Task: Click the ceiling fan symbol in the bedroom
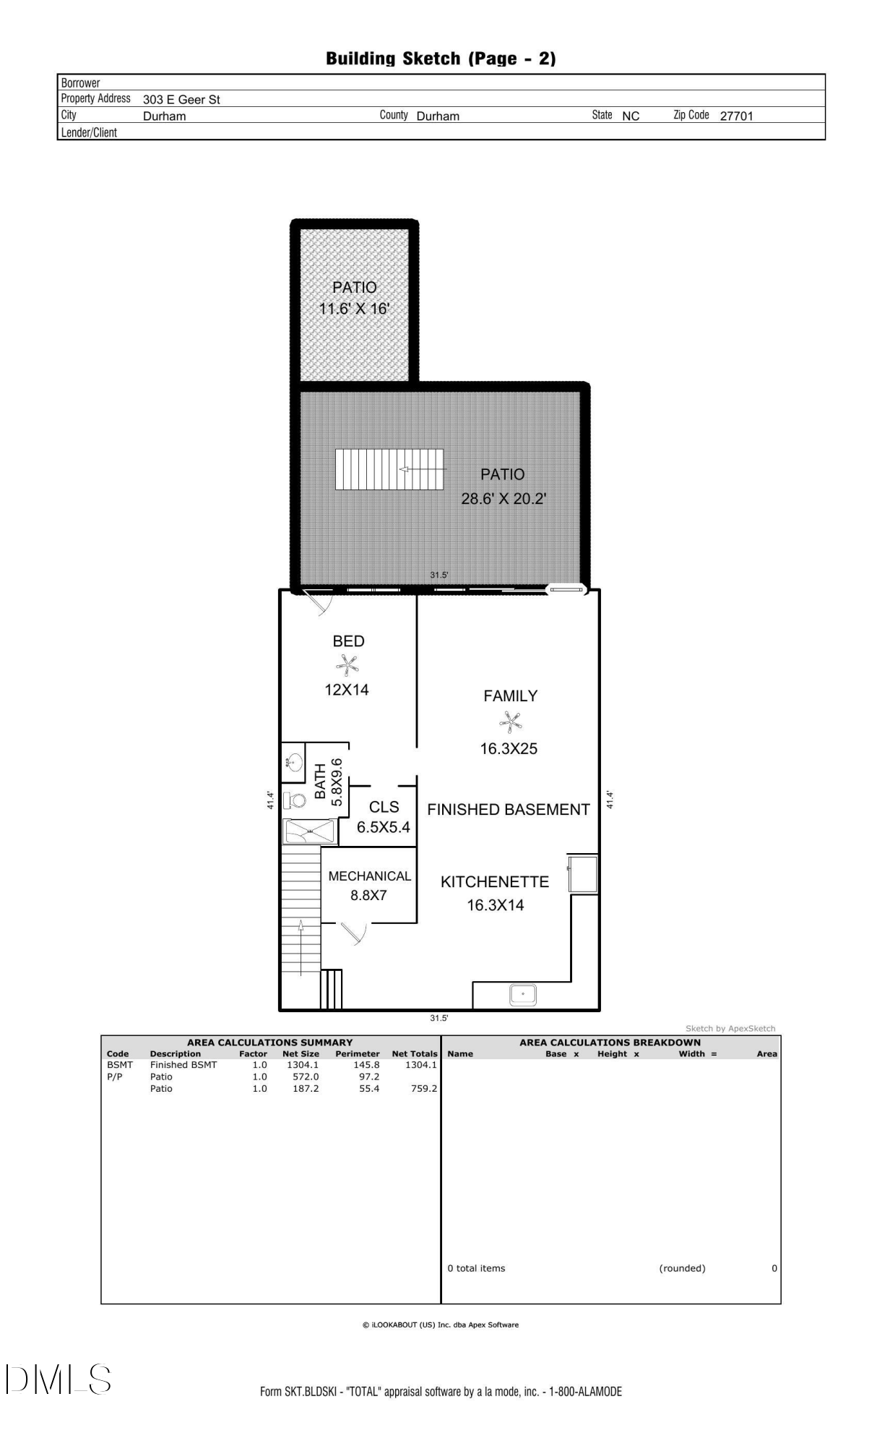[x=347, y=664]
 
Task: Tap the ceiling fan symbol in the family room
[x=510, y=722]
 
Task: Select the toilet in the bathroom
[x=295, y=800]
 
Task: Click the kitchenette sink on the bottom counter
[x=522, y=995]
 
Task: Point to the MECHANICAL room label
[x=369, y=876]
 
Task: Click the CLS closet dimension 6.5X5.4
[x=383, y=827]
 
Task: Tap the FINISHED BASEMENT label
[x=509, y=810]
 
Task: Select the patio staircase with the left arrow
[x=389, y=469]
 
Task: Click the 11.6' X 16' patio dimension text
[x=354, y=309]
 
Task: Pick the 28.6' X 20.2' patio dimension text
[x=504, y=498]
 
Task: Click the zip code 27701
[x=736, y=116]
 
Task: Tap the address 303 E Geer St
[x=181, y=100]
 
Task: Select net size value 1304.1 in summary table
[x=302, y=1065]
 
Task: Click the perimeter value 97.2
[x=368, y=1077]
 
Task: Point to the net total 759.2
[x=424, y=1088]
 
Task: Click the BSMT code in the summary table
[x=120, y=1065]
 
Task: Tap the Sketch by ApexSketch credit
[x=730, y=1028]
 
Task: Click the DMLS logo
[x=59, y=1379]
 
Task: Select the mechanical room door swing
[x=353, y=933]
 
